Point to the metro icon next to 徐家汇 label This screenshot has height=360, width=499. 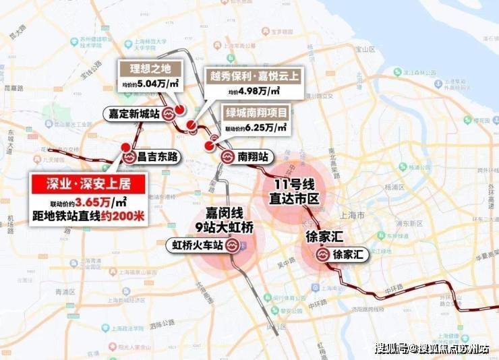coord(322,256)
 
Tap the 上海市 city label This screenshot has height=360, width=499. coord(351,215)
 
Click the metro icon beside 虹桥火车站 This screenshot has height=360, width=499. coord(233,246)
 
